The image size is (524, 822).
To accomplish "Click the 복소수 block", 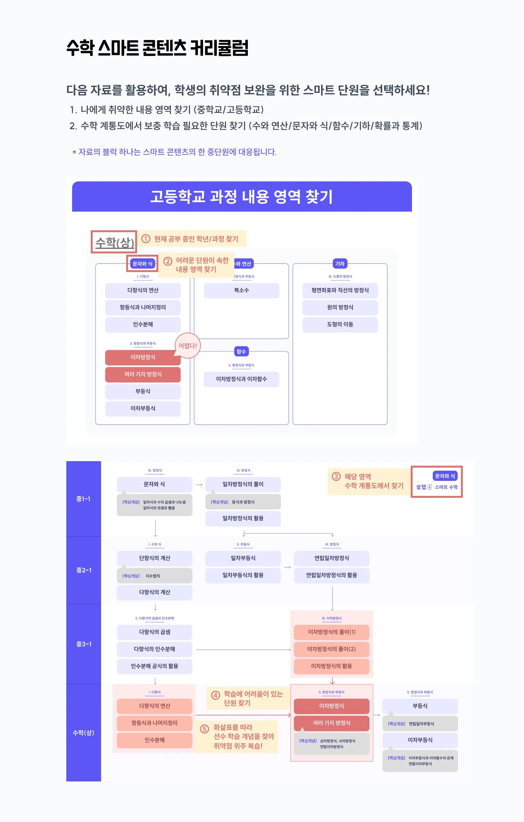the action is tap(241, 290).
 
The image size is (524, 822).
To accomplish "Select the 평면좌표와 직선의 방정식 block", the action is tap(340, 290).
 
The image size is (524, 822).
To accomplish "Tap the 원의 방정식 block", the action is tap(340, 307).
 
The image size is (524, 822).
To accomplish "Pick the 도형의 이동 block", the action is tap(340, 324).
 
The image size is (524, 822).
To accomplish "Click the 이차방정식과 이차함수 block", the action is tap(241, 379).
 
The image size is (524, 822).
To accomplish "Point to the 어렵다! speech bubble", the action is tap(188, 345).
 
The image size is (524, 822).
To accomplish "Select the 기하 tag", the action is tap(340, 263).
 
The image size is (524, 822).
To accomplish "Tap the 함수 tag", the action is tap(241, 351).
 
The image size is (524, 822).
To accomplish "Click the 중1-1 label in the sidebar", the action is tap(83, 499).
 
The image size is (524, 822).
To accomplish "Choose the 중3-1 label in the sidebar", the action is tap(83, 644).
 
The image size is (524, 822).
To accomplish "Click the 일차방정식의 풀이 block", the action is tap(243, 484).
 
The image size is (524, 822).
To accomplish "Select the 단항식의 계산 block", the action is tap(154, 558).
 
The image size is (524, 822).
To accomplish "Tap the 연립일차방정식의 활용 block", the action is tap(331, 575).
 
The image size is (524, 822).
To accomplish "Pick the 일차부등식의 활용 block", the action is tap(243, 575).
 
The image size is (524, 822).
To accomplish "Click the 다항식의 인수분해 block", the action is tap(154, 649).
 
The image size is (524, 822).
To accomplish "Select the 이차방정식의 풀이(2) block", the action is tap(331, 649).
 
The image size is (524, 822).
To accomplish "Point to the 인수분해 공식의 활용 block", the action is tap(154, 666).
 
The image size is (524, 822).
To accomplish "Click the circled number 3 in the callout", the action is tap(336, 476).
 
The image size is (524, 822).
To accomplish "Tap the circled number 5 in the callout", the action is tap(204, 729).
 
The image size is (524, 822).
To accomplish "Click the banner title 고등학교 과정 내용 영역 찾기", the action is tap(241, 196).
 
